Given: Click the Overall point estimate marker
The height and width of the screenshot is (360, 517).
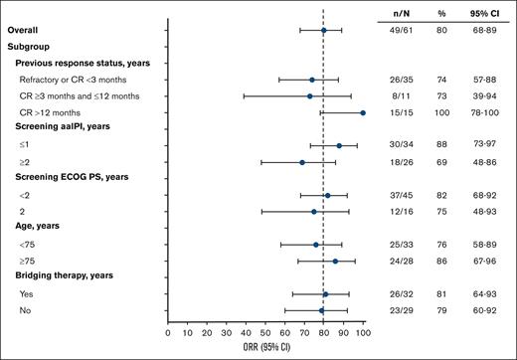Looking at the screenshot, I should pos(323,31).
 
